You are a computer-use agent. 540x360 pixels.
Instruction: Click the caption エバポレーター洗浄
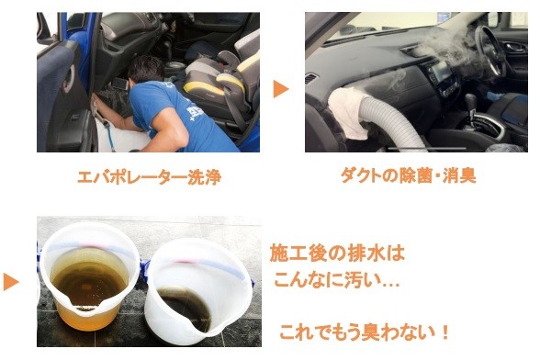pos(149,177)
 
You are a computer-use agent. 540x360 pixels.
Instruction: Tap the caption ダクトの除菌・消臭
pos(409,175)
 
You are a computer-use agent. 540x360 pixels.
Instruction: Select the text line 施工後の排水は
pos(337,253)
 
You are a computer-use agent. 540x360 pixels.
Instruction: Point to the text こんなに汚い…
pos(336,280)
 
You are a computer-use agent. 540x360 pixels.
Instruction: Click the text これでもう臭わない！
pos(365,332)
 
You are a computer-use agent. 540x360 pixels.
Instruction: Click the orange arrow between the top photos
pos(281,89)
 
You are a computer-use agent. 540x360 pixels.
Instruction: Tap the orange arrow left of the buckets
pos(11,283)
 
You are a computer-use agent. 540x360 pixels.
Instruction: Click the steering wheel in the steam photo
pos(489,51)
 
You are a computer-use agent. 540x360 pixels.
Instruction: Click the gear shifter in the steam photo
pos(470,105)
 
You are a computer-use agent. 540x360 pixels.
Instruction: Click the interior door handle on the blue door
pos(68,79)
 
